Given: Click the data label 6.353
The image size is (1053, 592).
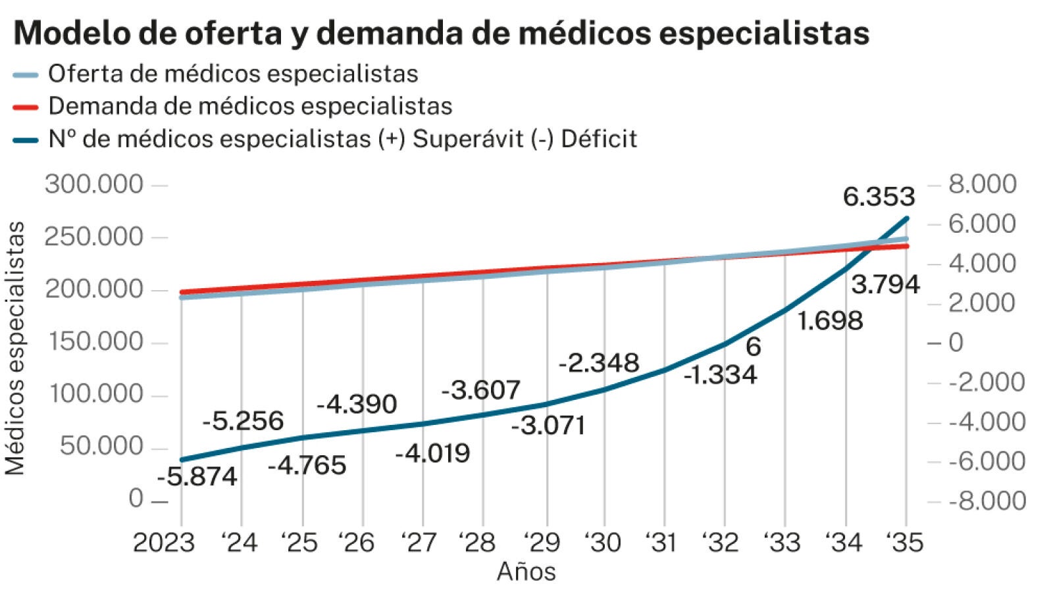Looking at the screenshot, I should (x=879, y=197).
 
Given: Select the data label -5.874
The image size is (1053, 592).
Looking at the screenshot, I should (x=197, y=476).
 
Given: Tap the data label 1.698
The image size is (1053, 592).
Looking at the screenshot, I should (x=830, y=321).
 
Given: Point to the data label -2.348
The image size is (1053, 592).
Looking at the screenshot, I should (x=599, y=362).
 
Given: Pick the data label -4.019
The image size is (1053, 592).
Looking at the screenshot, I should (x=432, y=453).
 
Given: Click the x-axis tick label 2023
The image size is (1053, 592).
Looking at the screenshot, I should (x=164, y=543).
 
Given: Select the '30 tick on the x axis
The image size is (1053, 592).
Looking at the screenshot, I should (x=602, y=543).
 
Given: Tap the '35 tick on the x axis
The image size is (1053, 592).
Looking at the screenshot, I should (x=904, y=543).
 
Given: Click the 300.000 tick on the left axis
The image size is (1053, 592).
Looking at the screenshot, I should (x=93, y=185).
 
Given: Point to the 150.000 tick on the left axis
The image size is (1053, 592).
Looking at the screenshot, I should (x=93, y=342).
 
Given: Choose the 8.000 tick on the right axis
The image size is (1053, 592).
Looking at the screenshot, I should (x=982, y=184).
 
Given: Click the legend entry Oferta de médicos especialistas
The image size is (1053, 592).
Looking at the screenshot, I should (x=233, y=74).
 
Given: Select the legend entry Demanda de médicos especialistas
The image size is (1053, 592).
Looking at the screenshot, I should (x=250, y=107).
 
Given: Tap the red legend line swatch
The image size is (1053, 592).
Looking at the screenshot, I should (x=26, y=107).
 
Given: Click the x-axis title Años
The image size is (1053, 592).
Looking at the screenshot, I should (x=526, y=572).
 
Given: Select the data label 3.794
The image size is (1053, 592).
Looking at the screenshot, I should (x=885, y=284).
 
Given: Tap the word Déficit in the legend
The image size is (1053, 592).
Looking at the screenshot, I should (x=599, y=139).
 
